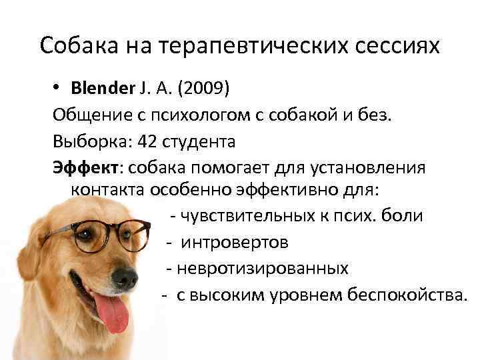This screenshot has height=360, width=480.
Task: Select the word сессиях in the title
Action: pos(398,45)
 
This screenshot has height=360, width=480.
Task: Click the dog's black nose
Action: pos(125,278)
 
